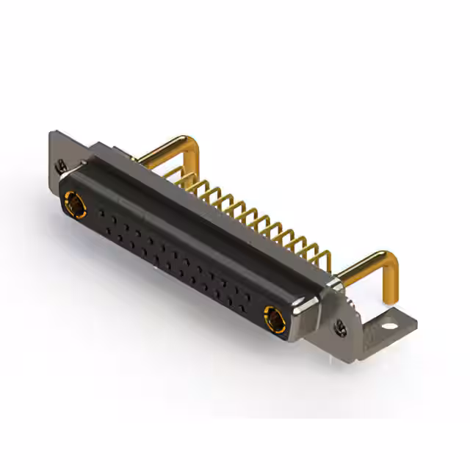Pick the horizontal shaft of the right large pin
[x=364, y=266]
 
